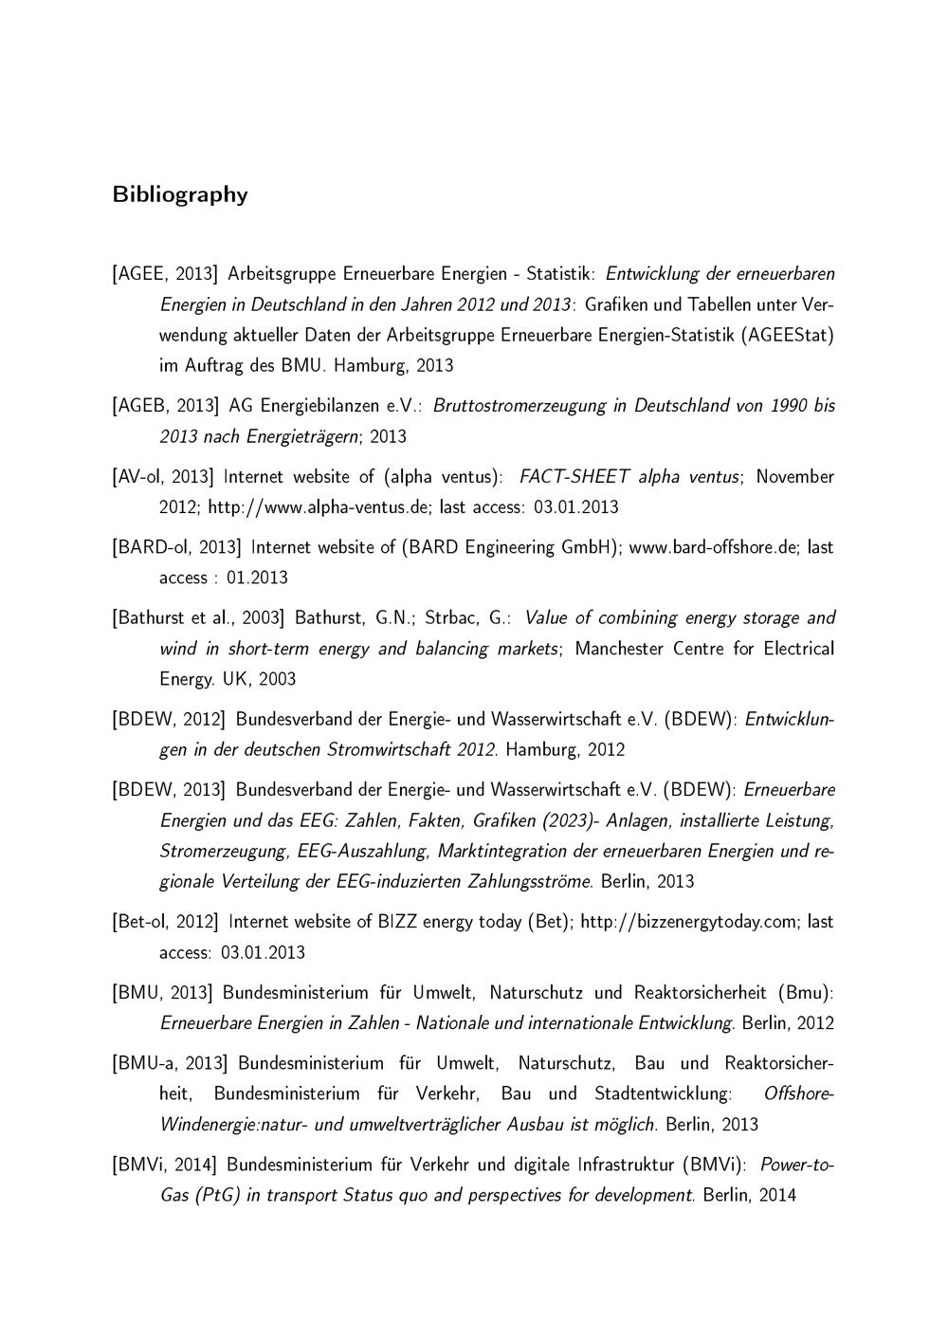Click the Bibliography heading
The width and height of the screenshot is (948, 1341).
[x=180, y=194]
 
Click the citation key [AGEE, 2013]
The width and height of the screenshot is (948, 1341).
[x=165, y=275]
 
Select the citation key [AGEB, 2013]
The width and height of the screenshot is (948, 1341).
[x=165, y=406]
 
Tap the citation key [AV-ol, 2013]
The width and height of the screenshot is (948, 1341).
[x=163, y=476]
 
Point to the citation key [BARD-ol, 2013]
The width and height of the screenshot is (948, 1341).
[x=176, y=547]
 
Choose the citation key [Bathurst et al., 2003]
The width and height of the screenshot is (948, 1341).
[x=198, y=618]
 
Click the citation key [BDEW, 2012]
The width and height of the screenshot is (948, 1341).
[x=168, y=719]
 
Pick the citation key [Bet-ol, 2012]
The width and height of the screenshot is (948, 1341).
[x=165, y=922]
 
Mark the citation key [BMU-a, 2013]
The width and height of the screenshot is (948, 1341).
[x=170, y=1063]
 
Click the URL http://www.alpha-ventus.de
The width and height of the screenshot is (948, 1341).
[x=319, y=507]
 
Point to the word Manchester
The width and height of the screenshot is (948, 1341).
[x=620, y=649]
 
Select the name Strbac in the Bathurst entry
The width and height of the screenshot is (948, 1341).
[x=454, y=618]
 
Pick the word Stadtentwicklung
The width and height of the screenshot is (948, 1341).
[x=663, y=1093]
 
